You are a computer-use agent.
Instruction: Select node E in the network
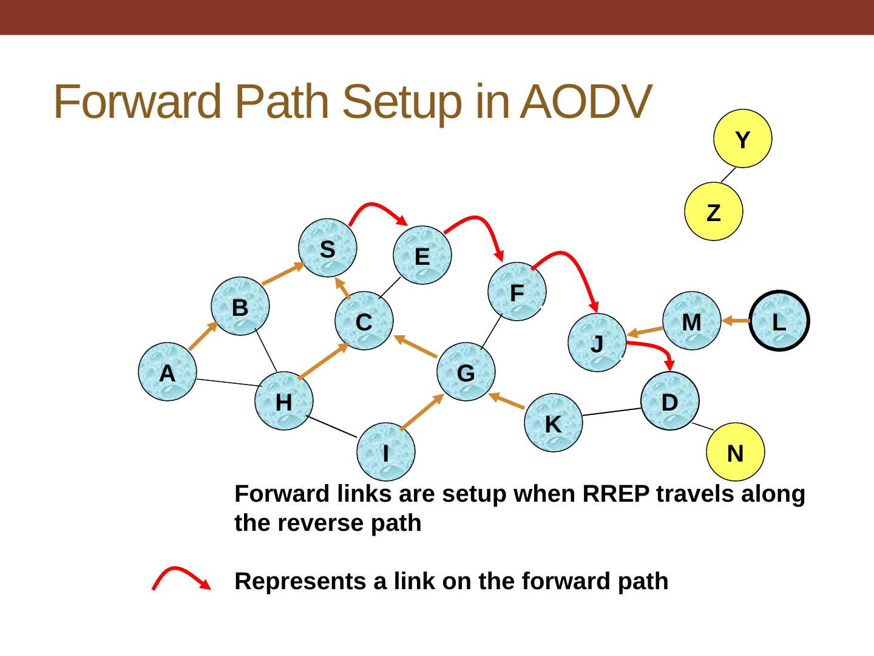(x=422, y=256)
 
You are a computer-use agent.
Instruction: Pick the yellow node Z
(x=714, y=212)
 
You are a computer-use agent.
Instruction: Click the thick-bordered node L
(x=779, y=321)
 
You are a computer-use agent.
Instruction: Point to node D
(x=670, y=401)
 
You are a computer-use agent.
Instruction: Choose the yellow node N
(x=736, y=452)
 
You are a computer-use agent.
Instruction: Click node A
(x=168, y=372)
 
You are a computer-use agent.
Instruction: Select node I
(x=386, y=451)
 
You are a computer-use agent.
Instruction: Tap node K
(x=552, y=423)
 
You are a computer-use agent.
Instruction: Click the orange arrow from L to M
(x=737, y=321)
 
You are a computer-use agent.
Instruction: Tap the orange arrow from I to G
(x=422, y=411)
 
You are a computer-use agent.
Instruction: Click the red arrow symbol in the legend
(x=181, y=578)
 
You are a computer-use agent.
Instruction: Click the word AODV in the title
(x=586, y=101)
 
